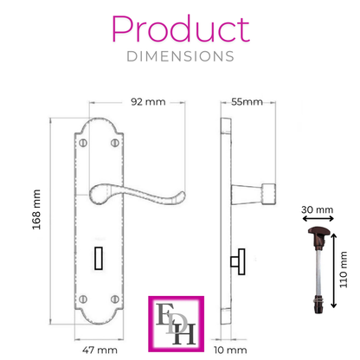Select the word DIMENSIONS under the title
180,55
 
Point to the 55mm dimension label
247,101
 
